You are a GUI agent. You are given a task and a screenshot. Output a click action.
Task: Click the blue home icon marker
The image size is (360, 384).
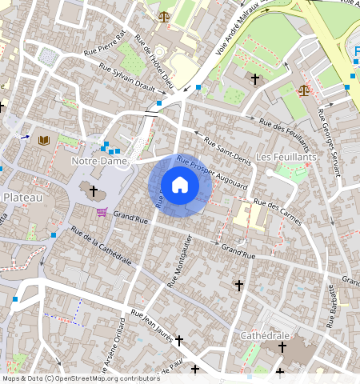click(x=180, y=186)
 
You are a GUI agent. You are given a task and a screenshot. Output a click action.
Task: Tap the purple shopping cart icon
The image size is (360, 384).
click(x=102, y=212)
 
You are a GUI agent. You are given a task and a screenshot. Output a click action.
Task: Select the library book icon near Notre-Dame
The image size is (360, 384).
click(x=43, y=141)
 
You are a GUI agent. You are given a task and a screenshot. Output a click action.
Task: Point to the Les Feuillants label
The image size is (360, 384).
click(x=286, y=157)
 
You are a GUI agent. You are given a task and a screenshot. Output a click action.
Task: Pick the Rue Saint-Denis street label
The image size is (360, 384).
click(x=227, y=153)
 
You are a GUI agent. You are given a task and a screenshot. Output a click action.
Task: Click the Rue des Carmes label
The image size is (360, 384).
click(x=285, y=214)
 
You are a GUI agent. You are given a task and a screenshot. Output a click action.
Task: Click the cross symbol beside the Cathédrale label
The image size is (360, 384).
click(x=282, y=348)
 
